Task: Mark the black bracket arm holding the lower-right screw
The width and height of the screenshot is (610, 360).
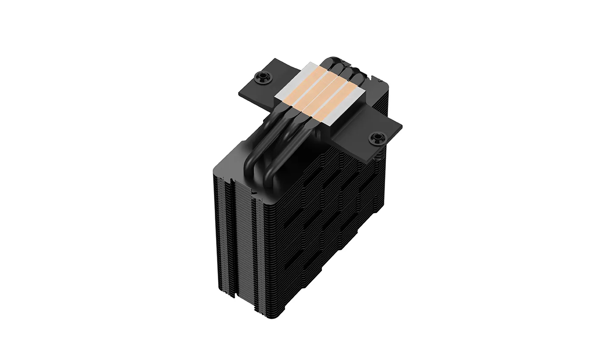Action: pyautogui.click(x=369, y=136)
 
